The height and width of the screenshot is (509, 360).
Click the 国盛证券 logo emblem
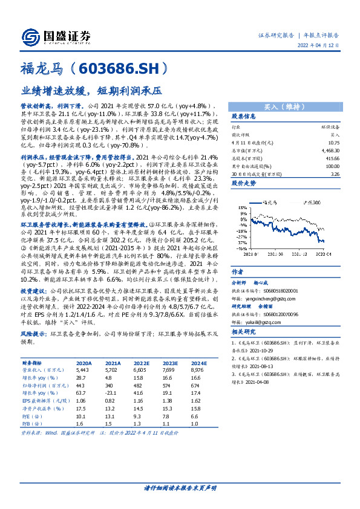click(x=31, y=35)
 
